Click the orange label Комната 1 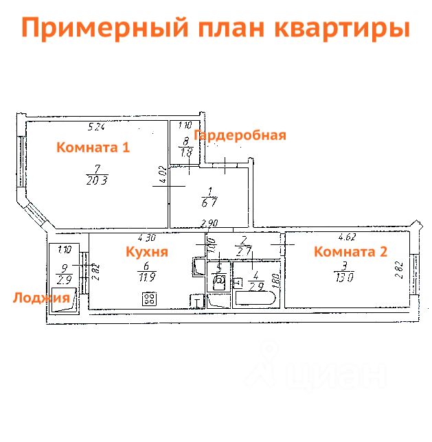[x=93, y=147]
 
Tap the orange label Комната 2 [x=350, y=252]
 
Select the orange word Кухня [x=146, y=252]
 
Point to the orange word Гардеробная [x=240, y=135]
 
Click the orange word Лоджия [x=41, y=297]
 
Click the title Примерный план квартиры [x=215, y=28]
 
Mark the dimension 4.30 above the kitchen [x=146, y=238]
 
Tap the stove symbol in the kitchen [x=148, y=299]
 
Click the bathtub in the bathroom [x=255, y=299]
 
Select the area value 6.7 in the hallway [x=210, y=203]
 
